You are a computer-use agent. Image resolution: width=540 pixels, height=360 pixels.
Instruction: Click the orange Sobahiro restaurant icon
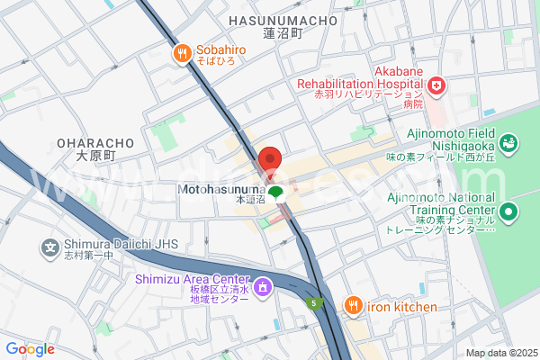181,54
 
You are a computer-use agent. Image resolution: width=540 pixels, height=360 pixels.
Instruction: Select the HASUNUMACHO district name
283,19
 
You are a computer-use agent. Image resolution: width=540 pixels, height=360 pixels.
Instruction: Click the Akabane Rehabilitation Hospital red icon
436,85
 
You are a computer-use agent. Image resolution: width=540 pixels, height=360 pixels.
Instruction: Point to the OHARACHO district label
95,143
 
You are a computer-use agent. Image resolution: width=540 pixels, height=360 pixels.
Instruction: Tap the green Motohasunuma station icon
275,191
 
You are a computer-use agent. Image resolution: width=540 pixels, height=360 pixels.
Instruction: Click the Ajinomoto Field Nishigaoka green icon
508,142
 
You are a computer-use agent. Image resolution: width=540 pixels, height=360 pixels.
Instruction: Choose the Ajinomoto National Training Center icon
509,213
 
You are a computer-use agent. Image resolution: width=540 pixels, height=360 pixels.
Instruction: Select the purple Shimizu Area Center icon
262,288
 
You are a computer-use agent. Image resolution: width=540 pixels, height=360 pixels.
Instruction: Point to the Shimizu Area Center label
192,279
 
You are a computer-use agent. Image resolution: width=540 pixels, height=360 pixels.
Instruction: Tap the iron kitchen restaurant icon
353,307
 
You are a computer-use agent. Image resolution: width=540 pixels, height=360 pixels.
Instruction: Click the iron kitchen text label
401,307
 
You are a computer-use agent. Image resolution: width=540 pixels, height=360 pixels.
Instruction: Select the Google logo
30,349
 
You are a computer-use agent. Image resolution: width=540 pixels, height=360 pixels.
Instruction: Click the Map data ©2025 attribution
500,353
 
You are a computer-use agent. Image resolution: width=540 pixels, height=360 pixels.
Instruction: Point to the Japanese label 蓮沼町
283,33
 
